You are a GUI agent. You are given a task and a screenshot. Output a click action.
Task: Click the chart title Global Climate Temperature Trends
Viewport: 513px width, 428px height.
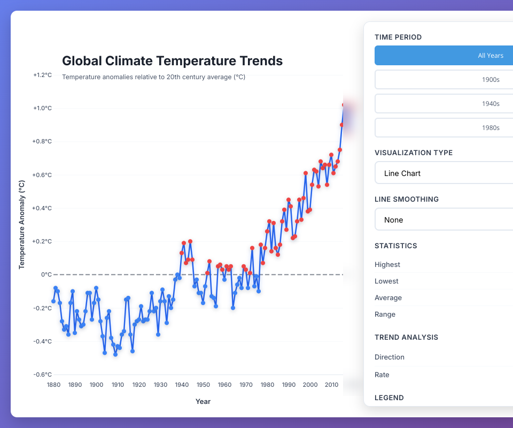pos(172,61)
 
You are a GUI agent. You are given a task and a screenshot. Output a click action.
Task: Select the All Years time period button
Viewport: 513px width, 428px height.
pos(444,56)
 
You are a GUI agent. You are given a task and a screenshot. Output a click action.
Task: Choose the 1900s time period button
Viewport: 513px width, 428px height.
pos(444,80)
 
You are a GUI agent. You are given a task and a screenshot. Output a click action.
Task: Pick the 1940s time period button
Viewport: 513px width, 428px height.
pos(444,104)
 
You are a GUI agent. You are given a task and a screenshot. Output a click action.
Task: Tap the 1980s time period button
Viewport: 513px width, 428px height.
pos(444,128)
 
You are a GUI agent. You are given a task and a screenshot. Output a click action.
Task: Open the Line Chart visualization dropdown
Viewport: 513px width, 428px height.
pos(444,173)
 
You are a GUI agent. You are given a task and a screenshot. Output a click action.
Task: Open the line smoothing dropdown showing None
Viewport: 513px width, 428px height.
pos(444,220)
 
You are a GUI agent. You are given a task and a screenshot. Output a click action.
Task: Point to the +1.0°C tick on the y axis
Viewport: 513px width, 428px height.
pos(42,108)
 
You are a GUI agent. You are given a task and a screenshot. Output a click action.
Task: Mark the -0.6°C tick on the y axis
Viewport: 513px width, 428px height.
pos(42,374)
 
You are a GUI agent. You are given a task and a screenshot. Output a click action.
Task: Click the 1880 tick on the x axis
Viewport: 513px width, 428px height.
pos(53,385)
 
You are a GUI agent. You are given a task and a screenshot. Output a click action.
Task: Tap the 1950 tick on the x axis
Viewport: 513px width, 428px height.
pos(203,385)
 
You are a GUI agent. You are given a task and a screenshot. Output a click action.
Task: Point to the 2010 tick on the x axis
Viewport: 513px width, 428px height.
pos(331,385)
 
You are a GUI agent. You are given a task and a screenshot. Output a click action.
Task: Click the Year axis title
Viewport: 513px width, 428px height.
pos(203,401)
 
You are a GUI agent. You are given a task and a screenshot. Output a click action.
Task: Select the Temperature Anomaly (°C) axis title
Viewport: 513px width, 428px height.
pos(22,224)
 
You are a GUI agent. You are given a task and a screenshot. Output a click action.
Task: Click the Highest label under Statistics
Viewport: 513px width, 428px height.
pos(387,264)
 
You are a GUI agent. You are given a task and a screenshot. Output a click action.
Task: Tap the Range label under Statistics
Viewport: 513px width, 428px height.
pos(385,314)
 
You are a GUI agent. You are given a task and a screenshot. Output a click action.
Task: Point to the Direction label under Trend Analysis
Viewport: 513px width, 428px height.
pos(390,357)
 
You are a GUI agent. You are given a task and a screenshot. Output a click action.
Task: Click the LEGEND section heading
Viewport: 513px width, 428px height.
pos(389,398)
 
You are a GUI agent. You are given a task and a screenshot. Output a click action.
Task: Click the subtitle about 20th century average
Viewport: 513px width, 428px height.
pos(153,77)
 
